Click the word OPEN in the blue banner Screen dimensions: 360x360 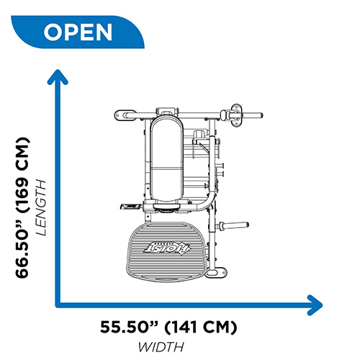(x=78, y=32)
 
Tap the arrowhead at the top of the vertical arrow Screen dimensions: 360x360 (x=58, y=76)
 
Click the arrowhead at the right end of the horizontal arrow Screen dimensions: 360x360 (x=315, y=305)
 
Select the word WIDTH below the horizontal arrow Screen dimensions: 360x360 (x=161, y=347)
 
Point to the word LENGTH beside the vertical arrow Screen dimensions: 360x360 (x=41, y=207)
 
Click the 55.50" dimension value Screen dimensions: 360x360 (x=130, y=327)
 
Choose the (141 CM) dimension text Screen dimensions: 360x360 (x=201, y=327)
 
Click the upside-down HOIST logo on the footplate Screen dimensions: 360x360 (x=166, y=248)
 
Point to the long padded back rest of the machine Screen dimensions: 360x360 (x=166, y=159)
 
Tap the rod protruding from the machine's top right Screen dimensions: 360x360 (x=252, y=115)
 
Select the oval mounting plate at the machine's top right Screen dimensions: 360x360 (x=236, y=115)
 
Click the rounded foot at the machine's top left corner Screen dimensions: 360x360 (x=125, y=115)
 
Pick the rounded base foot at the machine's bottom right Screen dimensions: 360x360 (x=216, y=273)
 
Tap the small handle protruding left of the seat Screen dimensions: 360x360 (x=132, y=207)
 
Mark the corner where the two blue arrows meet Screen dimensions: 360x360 (x=58, y=305)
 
